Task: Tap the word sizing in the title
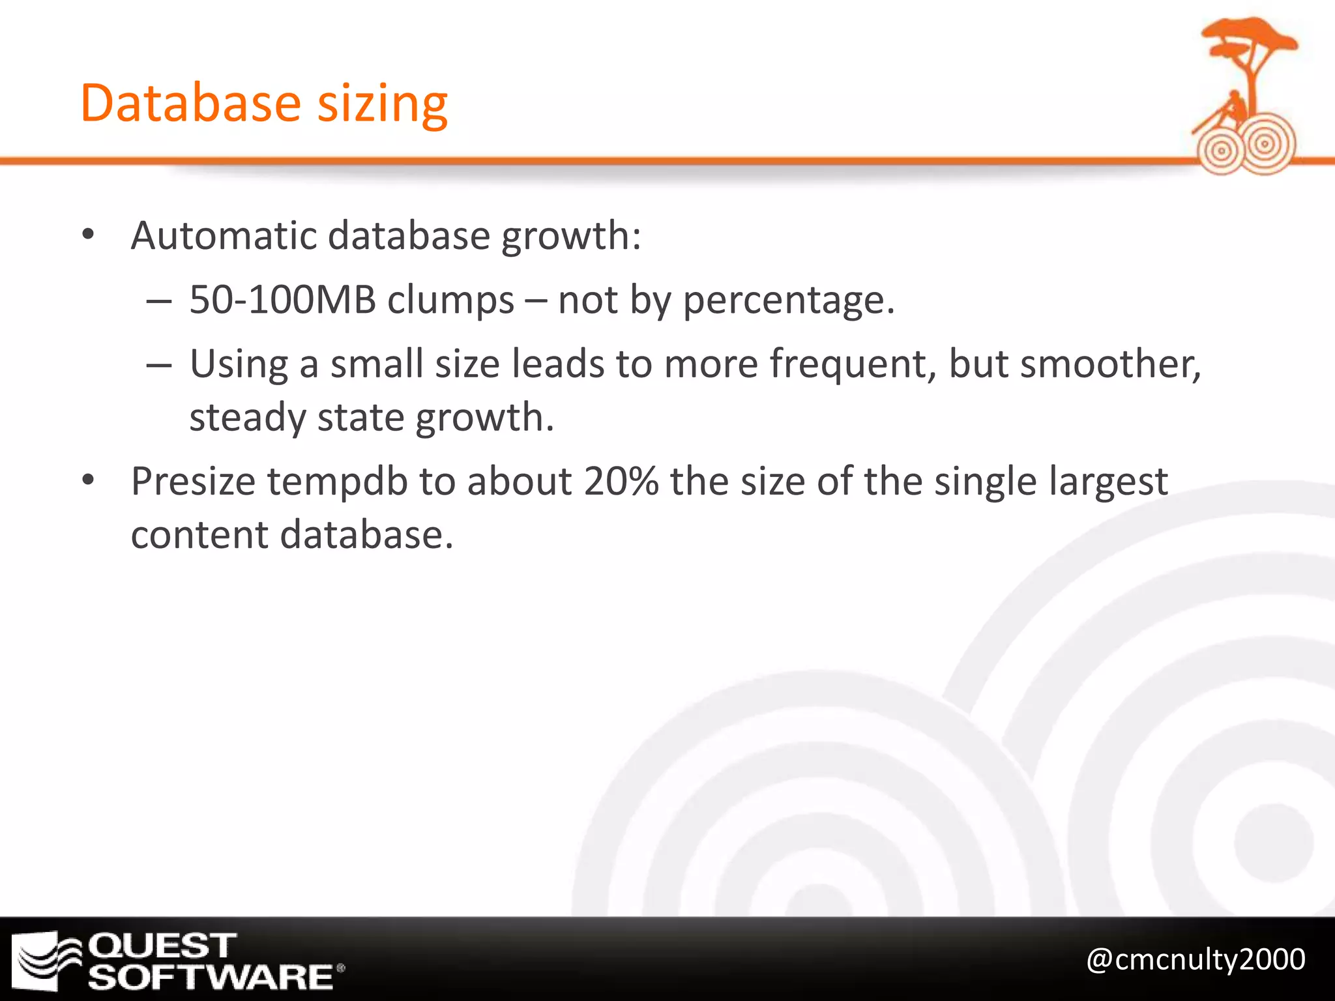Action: (x=383, y=104)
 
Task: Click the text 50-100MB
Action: (x=282, y=300)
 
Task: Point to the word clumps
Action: (x=450, y=301)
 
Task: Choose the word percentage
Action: (x=789, y=301)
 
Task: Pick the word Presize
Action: (x=193, y=482)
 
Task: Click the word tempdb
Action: (x=337, y=482)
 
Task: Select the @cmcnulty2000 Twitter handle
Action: (x=1196, y=959)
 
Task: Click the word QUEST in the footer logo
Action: (x=162, y=946)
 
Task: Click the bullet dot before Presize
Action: (x=89, y=481)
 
